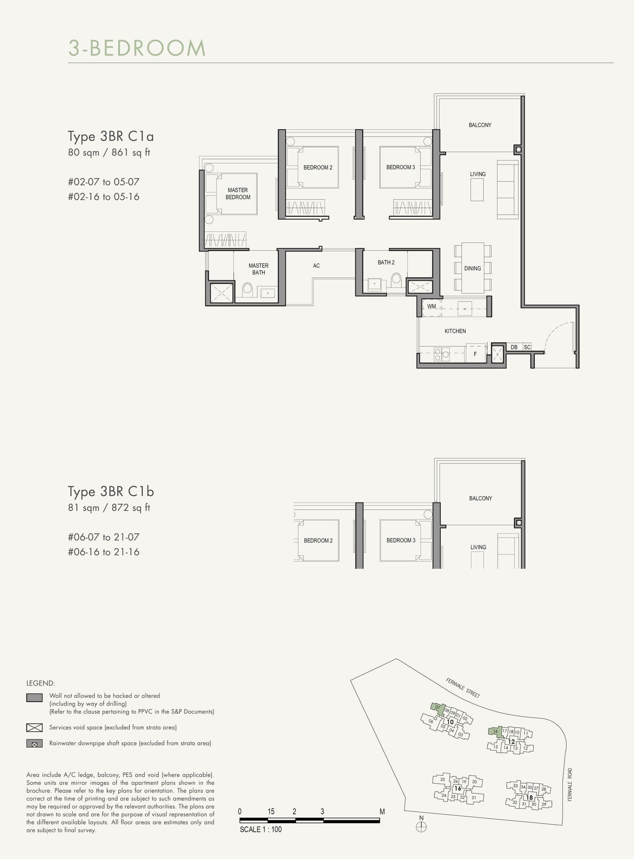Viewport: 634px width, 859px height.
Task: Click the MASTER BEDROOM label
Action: (x=238, y=193)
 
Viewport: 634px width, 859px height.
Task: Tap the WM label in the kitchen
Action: (x=431, y=307)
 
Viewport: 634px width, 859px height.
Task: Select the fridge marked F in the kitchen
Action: (x=475, y=354)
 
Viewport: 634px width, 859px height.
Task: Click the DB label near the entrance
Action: (x=514, y=347)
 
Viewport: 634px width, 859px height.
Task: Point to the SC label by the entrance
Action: (x=527, y=347)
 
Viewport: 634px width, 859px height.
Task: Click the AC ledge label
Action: (x=316, y=266)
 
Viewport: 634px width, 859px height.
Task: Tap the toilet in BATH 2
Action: (x=396, y=280)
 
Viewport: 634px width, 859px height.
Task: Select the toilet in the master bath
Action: (x=247, y=288)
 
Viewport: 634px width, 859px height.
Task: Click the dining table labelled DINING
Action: (x=473, y=268)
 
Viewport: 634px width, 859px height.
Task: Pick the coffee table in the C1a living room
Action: (x=477, y=189)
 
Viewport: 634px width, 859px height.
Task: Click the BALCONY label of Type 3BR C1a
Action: (x=480, y=125)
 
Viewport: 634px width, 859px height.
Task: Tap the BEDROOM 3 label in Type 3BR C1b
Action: (x=401, y=540)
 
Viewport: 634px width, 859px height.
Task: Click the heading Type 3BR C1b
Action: (x=111, y=491)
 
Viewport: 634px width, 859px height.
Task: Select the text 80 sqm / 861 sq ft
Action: (x=109, y=152)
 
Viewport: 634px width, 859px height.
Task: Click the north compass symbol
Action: (x=421, y=827)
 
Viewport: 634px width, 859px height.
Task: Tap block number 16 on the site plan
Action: (x=458, y=788)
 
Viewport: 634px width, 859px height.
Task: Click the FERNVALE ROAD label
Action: (x=570, y=785)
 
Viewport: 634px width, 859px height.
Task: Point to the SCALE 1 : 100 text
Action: (x=261, y=829)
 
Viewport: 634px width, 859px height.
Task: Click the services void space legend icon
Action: (x=34, y=728)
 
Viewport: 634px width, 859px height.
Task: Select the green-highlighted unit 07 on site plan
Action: (x=438, y=707)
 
